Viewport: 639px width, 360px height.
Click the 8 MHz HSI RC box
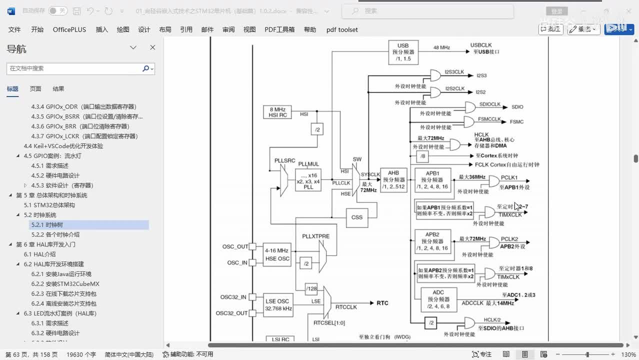pos(277,112)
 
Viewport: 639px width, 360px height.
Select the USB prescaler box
pos(403,52)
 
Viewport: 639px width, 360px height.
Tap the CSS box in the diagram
pos(357,217)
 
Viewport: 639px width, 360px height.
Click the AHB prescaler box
pos(393,180)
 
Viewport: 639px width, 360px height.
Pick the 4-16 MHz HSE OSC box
pos(277,254)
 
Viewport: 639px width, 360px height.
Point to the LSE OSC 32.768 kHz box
pos(279,304)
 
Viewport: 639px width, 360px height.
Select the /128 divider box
pos(312,288)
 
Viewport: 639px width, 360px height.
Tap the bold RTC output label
pos(382,303)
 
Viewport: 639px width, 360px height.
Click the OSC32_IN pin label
pos(233,297)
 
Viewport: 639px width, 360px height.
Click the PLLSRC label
pos(284,160)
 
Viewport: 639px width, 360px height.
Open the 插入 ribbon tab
pos(101,29)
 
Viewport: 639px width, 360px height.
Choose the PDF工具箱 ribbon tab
pos(279,29)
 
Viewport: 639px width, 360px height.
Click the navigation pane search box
pos(75,68)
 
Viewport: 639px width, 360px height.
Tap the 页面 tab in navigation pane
pos(35,89)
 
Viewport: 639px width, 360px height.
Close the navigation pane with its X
pos(152,47)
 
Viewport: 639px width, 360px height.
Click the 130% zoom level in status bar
pos(628,354)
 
